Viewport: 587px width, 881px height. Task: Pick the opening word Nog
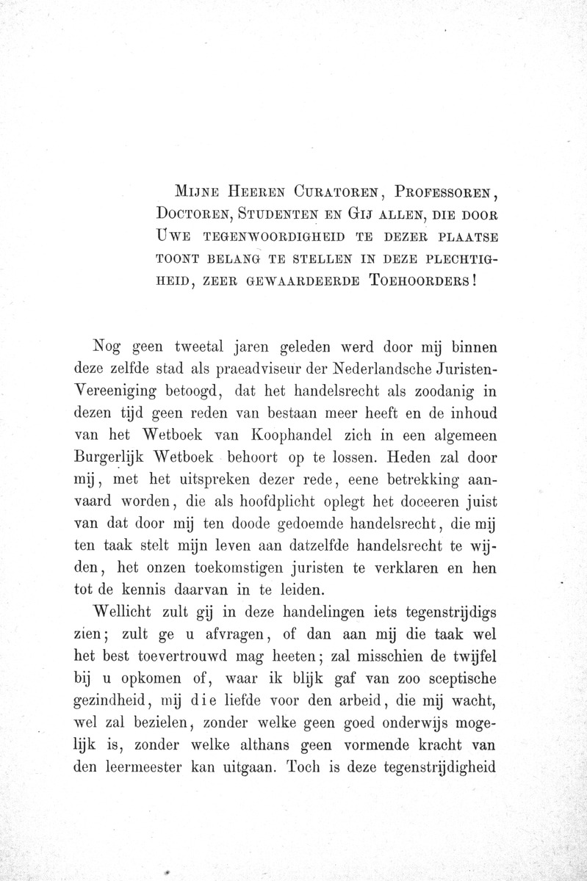tap(110, 346)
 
